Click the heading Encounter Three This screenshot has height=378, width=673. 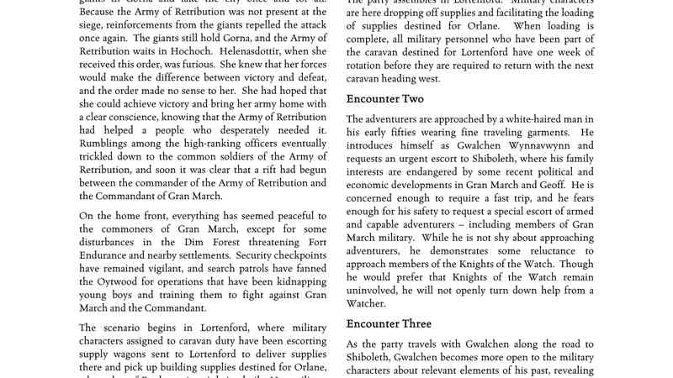point(389,323)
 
